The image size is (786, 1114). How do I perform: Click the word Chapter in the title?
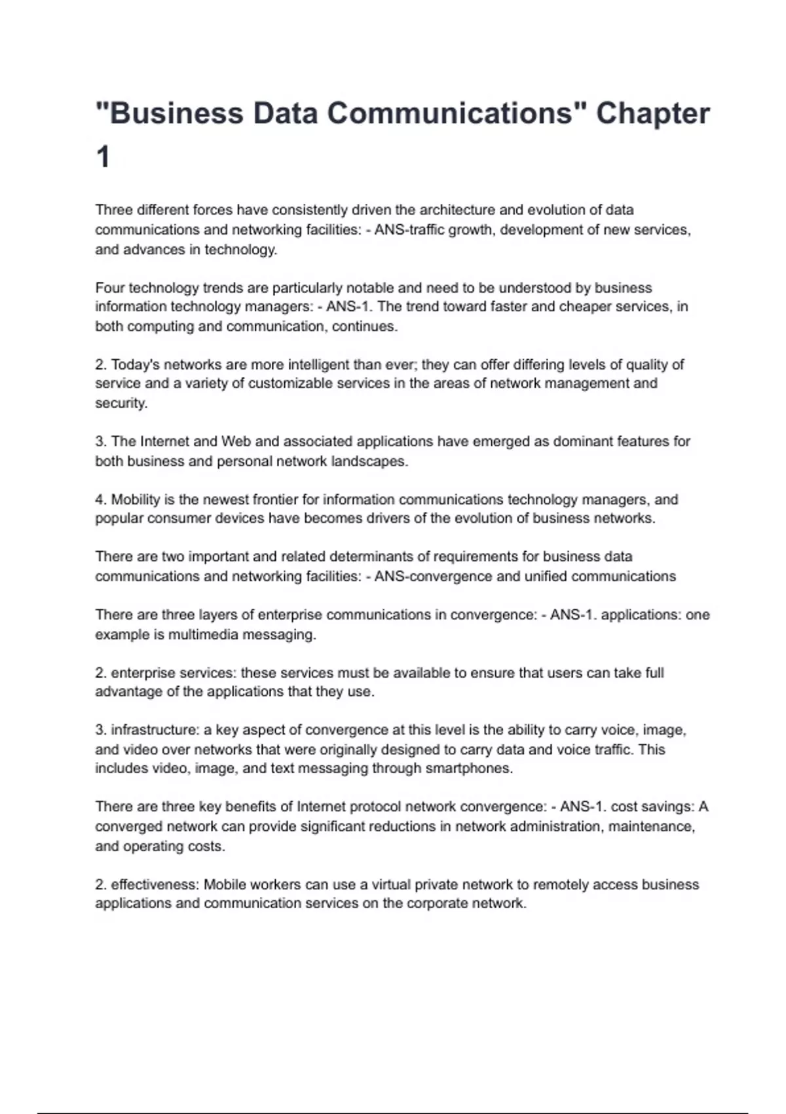(x=652, y=113)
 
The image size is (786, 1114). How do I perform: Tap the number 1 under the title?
(x=103, y=158)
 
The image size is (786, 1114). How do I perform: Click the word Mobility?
(x=135, y=499)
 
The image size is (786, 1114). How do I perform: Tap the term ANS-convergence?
(x=432, y=577)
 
